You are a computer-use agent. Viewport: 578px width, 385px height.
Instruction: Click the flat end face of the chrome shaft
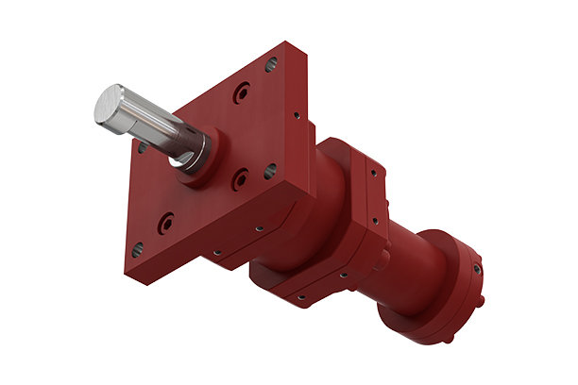[112, 106]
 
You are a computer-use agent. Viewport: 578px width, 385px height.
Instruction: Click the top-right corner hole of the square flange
[272, 65]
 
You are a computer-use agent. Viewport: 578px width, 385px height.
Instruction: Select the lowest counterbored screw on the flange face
[166, 225]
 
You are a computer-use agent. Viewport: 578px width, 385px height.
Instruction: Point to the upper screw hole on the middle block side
[375, 174]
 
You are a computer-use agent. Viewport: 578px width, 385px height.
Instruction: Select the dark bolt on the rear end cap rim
[476, 268]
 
